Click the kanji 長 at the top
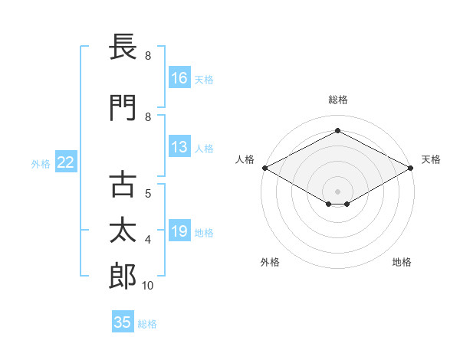(x=123, y=46)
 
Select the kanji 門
(x=123, y=108)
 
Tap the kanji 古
(x=123, y=184)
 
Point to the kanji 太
(x=123, y=230)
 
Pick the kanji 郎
(x=123, y=276)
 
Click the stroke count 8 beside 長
(x=148, y=56)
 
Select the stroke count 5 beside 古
(x=148, y=194)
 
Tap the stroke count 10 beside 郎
(x=147, y=286)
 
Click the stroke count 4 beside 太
(x=148, y=240)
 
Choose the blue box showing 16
(x=179, y=77)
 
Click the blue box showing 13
(x=179, y=146)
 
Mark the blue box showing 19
(x=179, y=230)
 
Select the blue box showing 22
(x=66, y=162)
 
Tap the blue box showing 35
(x=123, y=321)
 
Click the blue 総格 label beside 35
(x=147, y=324)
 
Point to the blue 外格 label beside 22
(x=41, y=164)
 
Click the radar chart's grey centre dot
(x=337, y=191)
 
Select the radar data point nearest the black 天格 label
(x=411, y=168)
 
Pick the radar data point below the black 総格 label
(x=337, y=130)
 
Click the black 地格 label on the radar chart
(x=402, y=262)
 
